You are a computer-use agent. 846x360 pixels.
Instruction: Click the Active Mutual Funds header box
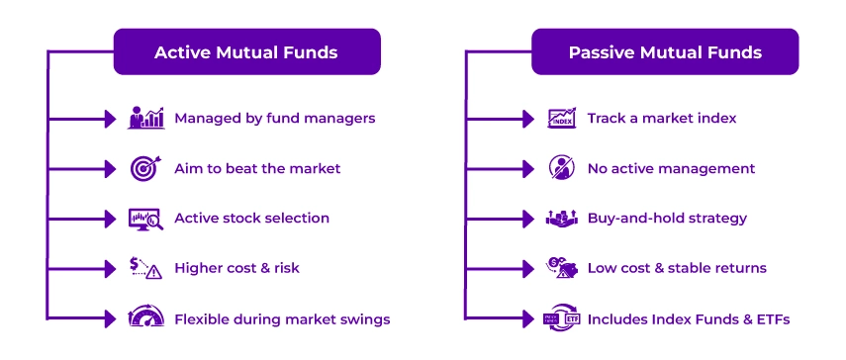pyautogui.click(x=246, y=51)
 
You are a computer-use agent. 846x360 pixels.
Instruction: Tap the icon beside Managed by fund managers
pyautogui.click(x=145, y=118)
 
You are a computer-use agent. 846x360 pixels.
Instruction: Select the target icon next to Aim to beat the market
pyautogui.click(x=145, y=168)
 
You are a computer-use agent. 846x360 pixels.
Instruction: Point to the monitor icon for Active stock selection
pyautogui.click(x=145, y=219)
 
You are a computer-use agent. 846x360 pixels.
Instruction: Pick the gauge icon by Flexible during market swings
pyautogui.click(x=145, y=318)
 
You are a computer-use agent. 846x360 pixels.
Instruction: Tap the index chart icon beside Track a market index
pyautogui.click(x=561, y=118)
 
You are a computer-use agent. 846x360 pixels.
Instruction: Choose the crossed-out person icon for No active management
pyautogui.click(x=561, y=168)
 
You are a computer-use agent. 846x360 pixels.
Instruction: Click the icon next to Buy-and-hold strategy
pyautogui.click(x=561, y=219)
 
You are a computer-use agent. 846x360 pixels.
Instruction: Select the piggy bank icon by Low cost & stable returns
pyautogui.click(x=561, y=269)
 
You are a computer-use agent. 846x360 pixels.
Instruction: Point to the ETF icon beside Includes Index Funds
pyautogui.click(x=561, y=318)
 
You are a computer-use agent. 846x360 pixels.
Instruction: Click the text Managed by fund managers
pyautogui.click(x=274, y=118)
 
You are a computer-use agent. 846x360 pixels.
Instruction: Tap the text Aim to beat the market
pyautogui.click(x=258, y=168)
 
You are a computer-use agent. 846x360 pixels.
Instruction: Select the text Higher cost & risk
pyautogui.click(x=236, y=269)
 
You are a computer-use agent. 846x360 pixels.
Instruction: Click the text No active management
pyautogui.click(x=671, y=168)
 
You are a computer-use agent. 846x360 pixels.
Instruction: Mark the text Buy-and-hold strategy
pyautogui.click(x=667, y=219)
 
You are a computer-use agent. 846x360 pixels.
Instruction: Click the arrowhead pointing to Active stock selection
pyautogui.click(x=110, y=219)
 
